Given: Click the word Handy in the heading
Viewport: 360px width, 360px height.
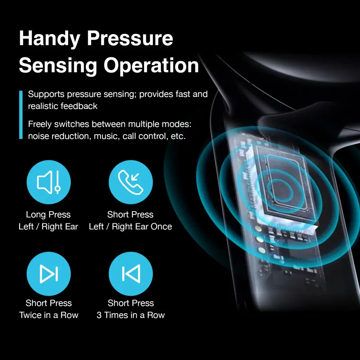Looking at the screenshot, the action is coord(50,39).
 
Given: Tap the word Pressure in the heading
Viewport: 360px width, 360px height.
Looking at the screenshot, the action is coord(130,38).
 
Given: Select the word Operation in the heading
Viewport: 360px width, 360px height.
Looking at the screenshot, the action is coord(151,66).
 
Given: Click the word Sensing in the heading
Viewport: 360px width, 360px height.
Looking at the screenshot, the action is coord(58,66).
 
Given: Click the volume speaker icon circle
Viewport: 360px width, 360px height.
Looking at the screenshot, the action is coord(49,182).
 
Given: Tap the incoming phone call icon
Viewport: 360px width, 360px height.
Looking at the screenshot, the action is coord(131,182).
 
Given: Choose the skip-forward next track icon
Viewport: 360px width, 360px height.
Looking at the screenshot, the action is coord(49,274).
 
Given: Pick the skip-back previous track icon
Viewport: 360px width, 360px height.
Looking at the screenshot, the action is coord(131,274).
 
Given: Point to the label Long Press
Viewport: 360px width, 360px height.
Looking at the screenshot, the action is coord(48,215).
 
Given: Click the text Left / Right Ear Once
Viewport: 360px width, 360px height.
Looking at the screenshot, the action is coord(130,227).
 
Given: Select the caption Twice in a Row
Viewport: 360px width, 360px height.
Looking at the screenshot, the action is coord(49,315).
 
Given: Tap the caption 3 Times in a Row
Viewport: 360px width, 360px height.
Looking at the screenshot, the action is coord(131,315).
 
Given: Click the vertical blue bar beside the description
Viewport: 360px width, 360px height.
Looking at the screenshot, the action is coord(21,115).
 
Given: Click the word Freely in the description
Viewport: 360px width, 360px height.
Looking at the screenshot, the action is coord(40,124).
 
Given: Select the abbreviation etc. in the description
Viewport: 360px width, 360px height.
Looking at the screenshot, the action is coord(178,136).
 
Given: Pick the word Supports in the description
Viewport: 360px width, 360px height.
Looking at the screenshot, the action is coord(46,94).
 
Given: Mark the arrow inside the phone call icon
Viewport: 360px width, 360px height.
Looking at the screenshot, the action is coord(135,177).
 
